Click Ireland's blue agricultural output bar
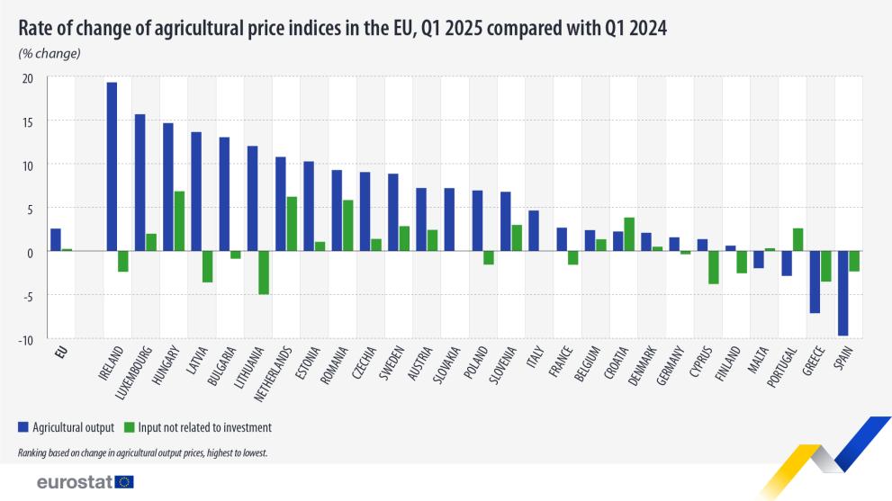click(x=112, y=166)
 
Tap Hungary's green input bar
click(x=179, y=221)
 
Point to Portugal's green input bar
click(x=797, y=239)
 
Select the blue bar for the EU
click(x=56, y=240)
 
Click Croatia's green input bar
click(x=629, y=234)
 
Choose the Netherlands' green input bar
click(x=292, y=224)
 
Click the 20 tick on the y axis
click(x=27, y=78)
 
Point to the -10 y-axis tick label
click(x=26, y=339)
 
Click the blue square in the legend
click(x=22, y=427)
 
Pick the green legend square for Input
click(x=129, y=427)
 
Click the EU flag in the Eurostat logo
click(x=124, y=482)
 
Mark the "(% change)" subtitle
click(x=50, y=53)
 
